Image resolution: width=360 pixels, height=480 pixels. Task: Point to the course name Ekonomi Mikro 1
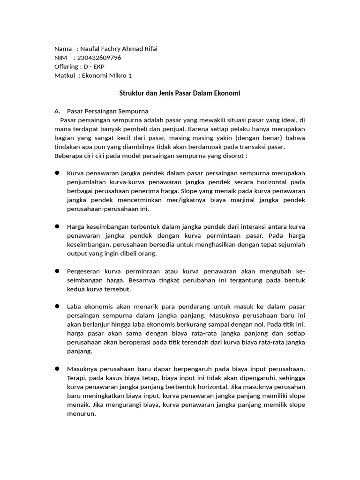coord(107,75)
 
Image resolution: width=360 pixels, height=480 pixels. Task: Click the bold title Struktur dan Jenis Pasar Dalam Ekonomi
coord(180,93)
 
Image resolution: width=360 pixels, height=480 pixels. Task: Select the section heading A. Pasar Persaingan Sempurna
coord(101,111)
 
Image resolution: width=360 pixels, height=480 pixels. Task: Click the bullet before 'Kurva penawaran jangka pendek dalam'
coord(57,173)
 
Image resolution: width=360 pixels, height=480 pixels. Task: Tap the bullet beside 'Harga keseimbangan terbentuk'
coord(57,226)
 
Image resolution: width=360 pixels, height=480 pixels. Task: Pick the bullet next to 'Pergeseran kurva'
coord(57,271)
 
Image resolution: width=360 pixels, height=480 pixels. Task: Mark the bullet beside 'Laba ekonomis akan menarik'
coord(57,306)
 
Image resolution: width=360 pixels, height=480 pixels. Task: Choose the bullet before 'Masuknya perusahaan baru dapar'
coord(57,360)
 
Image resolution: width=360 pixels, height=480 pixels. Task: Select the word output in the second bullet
coord(77,254)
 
